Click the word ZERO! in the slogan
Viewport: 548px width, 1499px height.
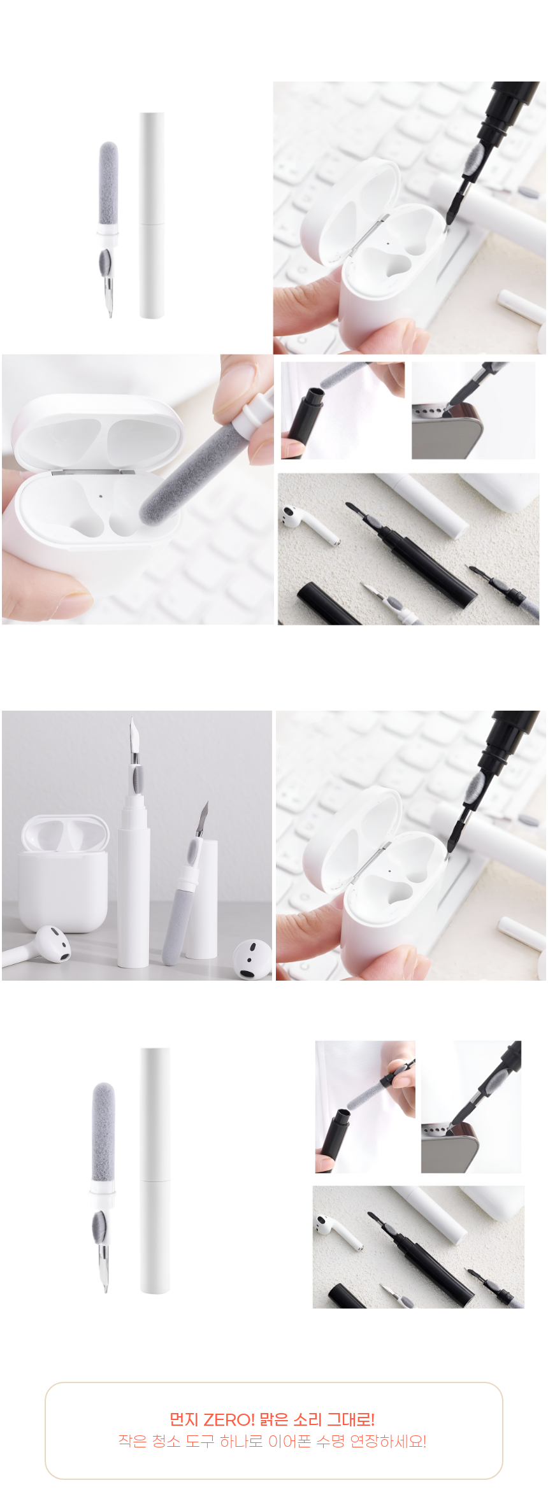tap(229, 1419)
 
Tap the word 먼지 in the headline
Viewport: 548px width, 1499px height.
tap(184, 1419)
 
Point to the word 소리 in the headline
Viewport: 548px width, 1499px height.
tap(308, 1419)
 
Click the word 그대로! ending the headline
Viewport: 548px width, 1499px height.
tap(350, 1419)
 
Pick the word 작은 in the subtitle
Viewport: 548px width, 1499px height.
tap(133, 1441)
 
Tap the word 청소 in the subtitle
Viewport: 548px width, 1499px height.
tap(166, 1441)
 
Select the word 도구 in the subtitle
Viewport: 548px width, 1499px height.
tap(200, 1441)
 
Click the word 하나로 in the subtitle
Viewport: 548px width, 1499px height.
tap(241, 1441)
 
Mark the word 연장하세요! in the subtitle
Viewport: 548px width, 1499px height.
tap(388, 1441)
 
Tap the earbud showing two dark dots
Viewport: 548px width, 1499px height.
tap(252, 959)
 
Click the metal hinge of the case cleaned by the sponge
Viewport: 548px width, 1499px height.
tap(92, 472)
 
